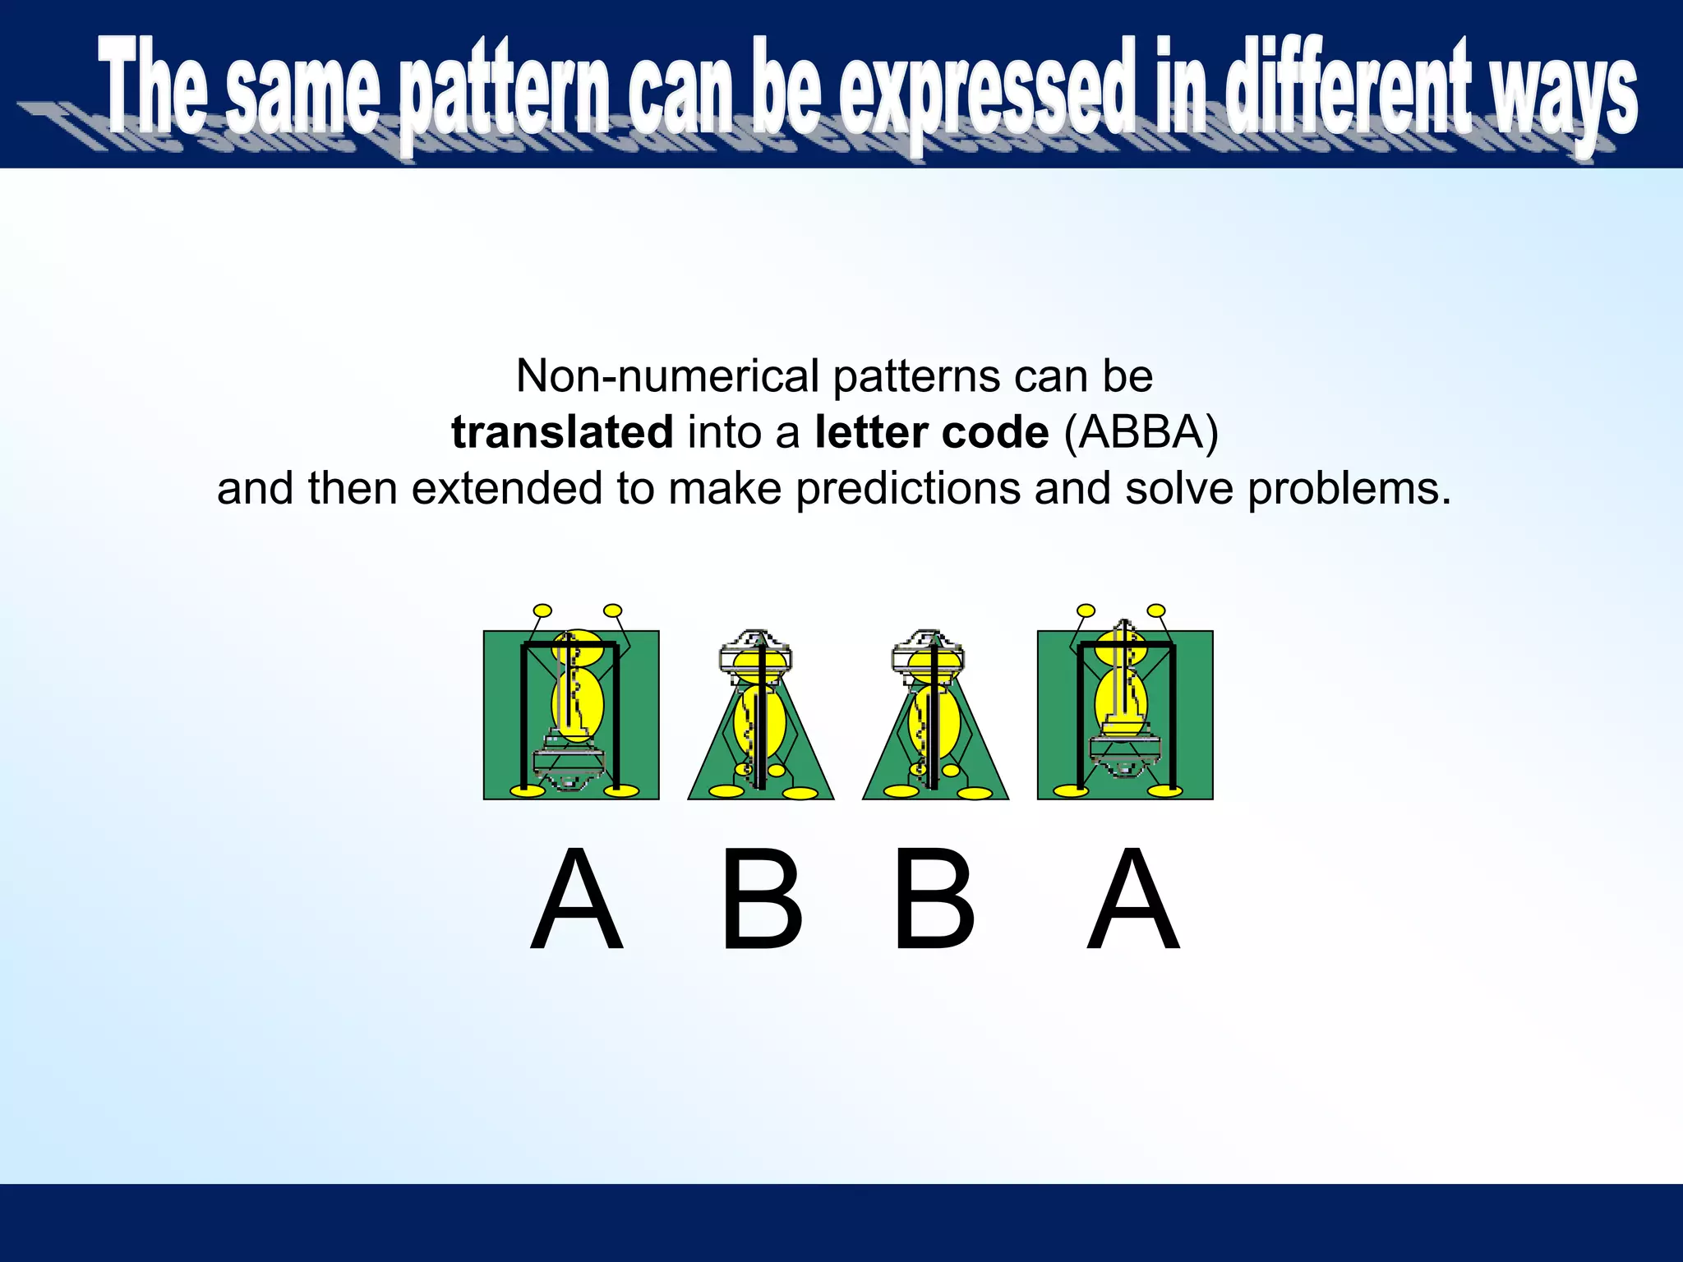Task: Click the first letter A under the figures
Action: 577,899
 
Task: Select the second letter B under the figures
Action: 934,899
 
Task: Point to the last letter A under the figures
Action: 1133,899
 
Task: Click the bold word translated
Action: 562,432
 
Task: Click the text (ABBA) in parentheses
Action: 1141,432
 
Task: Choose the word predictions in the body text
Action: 908,489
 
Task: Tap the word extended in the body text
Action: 507,489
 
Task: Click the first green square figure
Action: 571,715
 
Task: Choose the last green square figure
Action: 1125,715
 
